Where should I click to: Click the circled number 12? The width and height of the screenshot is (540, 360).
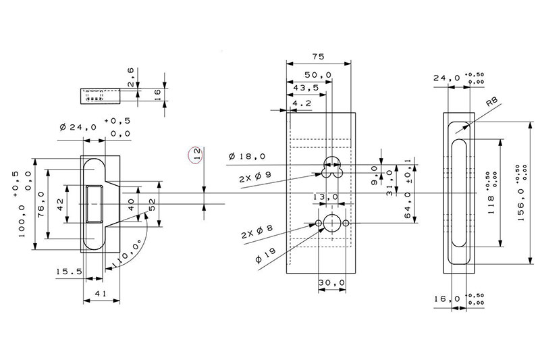196,155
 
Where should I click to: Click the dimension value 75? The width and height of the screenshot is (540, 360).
319,57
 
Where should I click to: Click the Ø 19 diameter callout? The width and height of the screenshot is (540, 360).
264,259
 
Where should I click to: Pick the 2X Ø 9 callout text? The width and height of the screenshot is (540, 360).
255,178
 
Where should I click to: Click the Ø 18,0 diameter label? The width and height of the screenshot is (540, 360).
247,157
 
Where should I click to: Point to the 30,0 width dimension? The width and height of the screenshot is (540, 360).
332,282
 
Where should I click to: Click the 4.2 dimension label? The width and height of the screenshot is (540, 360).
302,103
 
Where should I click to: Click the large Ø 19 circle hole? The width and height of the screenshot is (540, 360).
332,223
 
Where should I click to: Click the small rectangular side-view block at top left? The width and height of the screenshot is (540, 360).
101,97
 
